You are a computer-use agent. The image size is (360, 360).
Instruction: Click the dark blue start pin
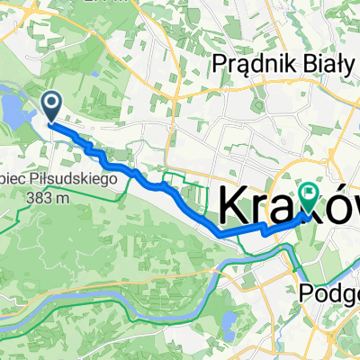49,107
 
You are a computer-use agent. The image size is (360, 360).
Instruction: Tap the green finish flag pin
310,193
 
